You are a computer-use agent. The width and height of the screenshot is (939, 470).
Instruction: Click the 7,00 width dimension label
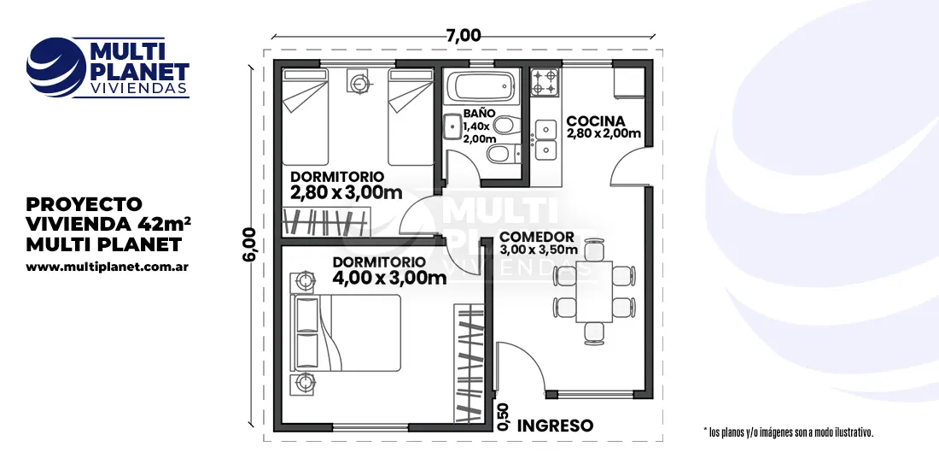pyautogui.click(x=464, y=35)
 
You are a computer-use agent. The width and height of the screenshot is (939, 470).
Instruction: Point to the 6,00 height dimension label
pyautogui.click(x=249, y=244)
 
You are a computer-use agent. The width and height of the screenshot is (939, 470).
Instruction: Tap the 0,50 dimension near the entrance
pyautogui.click(x=503, y=417)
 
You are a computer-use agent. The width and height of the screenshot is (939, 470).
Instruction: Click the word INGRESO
pyautogui.click(x=555, y=426)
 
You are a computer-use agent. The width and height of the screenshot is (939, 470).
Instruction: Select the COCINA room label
pyautogui.click(x=596, y=121)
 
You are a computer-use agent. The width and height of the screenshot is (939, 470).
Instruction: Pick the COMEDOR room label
pyautogui.click(x=537, y=237)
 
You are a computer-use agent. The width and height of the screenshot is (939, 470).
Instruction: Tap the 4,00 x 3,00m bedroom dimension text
pyautogui.click(x=389, y=278)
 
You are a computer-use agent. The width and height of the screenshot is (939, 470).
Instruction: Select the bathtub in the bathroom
pyautogui.click(x=484, y=87)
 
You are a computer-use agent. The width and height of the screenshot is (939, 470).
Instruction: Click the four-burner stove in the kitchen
pyautogui.click(x=545, y=82)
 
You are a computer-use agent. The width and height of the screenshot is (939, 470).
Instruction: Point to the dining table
pyautogui.click(x=594, y=291)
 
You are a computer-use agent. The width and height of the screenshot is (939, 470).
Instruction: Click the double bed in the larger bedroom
pyautogui.click(x=346, y=333)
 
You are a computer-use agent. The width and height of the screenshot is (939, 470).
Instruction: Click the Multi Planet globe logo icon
pyautogui.click(x=56, y=68)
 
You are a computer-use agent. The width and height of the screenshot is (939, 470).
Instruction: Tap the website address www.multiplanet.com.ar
pyautogui.click(x=108, y=267)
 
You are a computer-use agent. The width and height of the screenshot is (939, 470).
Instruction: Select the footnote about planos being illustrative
pyautogui.click(x=789, y=432)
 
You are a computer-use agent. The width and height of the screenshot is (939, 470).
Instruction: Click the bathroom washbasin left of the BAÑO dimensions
pyautogui.click(x=452, y=126)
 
